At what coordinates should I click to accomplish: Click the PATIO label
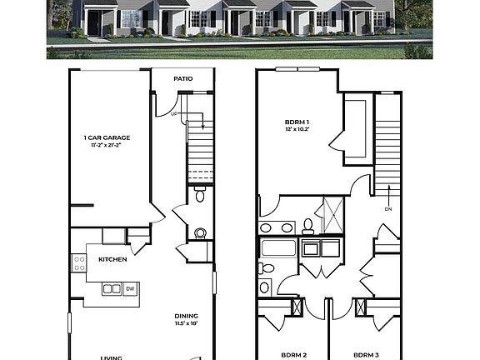click(x=183, y=79)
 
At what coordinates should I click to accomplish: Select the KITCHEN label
click(x=112, y=259)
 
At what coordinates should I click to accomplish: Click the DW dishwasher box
click(x=130, y=289)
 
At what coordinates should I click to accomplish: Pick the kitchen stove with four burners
click(x=80, y=263)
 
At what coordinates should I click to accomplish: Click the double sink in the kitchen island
click(x=111, y=289)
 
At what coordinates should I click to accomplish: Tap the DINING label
click(x=186, y=315)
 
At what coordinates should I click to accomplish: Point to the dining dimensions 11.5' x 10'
click(x=186, y=323)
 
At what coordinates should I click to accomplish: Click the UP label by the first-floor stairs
click(x=175, y=114)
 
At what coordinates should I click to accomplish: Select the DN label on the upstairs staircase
click(x=388, y=209)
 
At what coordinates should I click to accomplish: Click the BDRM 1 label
click(x=297, y=122)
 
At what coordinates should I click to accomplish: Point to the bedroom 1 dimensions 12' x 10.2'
click(x=297, y=130)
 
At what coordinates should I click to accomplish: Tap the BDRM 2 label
click(x=293, y=355)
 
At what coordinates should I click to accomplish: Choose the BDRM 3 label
click(x=366, y=355)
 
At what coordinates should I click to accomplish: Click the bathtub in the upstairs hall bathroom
click(x=278, y=248)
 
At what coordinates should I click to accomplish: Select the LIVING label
click(x=112, y=357)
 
